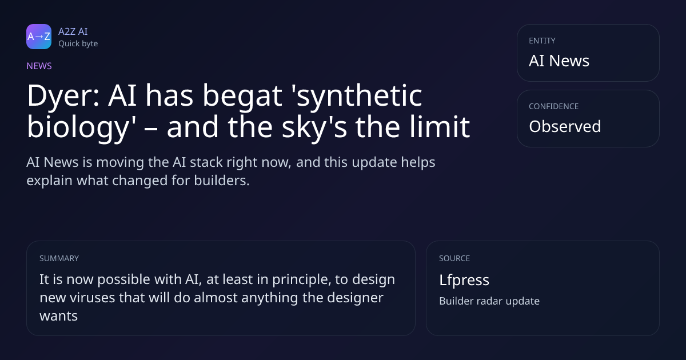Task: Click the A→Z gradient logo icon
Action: coord(39,37)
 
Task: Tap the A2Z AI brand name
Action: coord(73,31)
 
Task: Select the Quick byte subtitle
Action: coord(78,44)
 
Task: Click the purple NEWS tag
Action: coord(39,66)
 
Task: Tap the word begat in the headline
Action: coord(242,96)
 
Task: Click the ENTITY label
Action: coord(542,41)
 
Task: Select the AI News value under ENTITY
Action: coord(559,61)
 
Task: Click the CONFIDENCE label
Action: coord(554,106)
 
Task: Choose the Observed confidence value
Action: coord(565,126)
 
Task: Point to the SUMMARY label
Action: coord(59,258)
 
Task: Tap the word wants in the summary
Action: coord(58,316)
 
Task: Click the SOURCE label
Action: coord(454,258)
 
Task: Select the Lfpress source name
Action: coord(464,280)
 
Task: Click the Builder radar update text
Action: coord(489,301)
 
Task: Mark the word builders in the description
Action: coord(222,181)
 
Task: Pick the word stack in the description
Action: coord(206,162)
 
